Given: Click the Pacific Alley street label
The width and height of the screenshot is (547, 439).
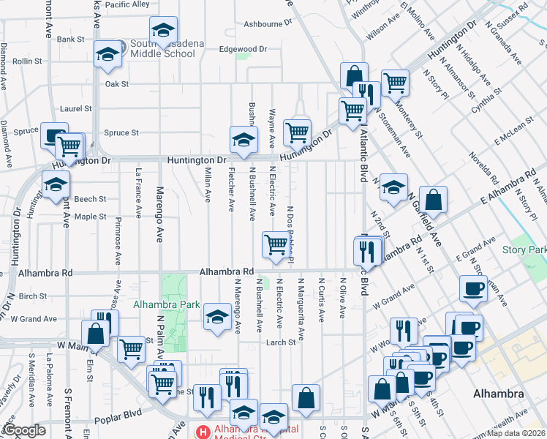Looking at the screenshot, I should point(127,4).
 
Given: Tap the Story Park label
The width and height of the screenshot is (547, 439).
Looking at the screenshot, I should point(524,250).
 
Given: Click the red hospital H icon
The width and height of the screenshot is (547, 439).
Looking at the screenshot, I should point(204,431).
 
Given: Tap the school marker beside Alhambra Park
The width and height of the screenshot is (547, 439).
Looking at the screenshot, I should point(216,316).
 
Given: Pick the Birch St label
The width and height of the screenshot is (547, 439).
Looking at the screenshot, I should point(33,296).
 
